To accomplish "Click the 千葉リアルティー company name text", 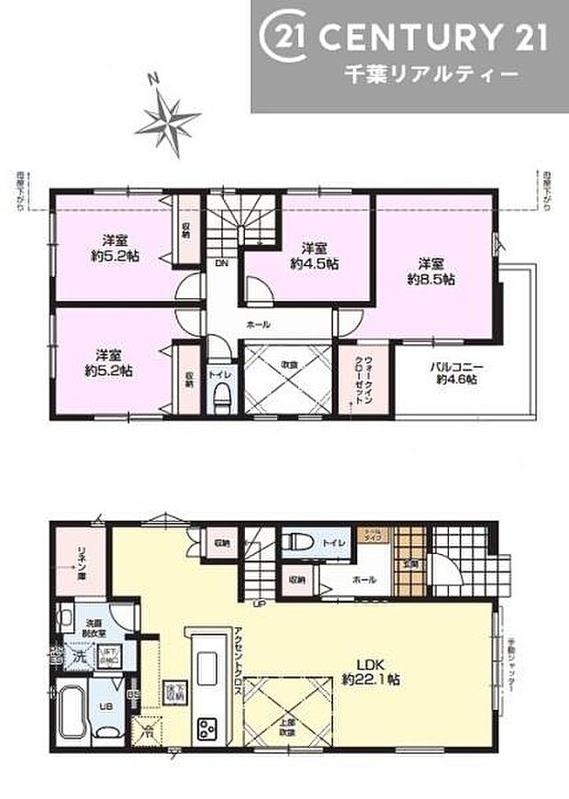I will pyautogui.click(x=427, y=72).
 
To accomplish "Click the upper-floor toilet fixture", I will pyautogui.click(x=221, y=397).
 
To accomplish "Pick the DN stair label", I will pyautogui.click(x=222, y=264).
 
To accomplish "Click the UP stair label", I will pyautogui.click(x=261, y=604).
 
